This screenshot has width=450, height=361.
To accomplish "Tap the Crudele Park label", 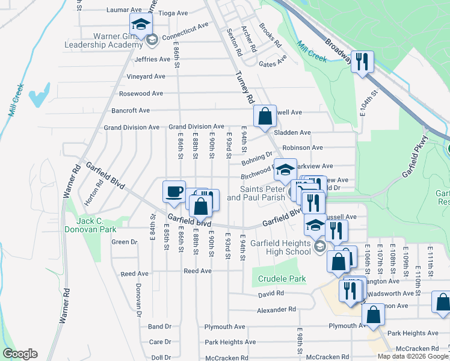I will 282,279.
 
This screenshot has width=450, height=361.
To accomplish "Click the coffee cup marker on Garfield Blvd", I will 174,191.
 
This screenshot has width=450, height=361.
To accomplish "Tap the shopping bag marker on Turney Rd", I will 265,117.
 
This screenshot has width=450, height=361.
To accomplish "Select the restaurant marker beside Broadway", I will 362,62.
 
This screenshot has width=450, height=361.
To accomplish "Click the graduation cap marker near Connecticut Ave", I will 141,25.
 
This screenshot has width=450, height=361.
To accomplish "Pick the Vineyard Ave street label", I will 146,76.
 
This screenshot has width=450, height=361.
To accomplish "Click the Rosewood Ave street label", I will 141,93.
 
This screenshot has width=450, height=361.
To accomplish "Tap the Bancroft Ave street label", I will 131,110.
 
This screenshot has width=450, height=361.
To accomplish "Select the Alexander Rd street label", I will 277,309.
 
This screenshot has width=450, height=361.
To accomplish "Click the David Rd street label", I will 271,294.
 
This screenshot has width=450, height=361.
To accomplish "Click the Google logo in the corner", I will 20,354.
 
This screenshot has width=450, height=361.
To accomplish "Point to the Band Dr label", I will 160,327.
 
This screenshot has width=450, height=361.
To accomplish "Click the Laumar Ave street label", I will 123,10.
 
